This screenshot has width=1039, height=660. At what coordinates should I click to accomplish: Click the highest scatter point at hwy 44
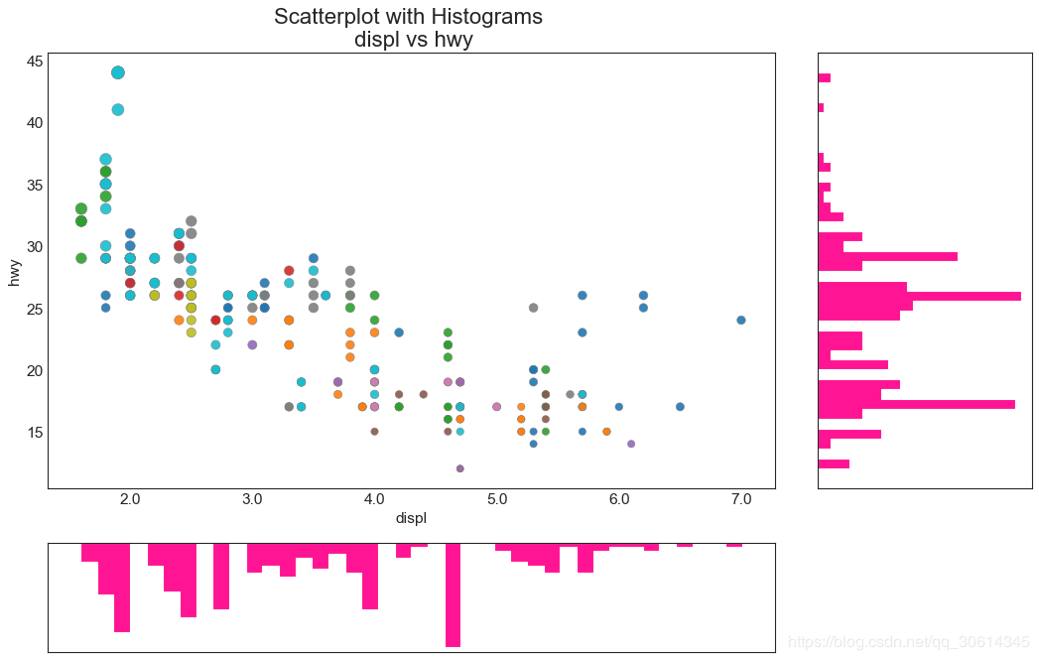(118, 72)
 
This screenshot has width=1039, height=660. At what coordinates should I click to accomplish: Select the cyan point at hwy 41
(118, 109)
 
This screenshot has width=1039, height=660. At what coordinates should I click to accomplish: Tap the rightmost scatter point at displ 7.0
(741, 320)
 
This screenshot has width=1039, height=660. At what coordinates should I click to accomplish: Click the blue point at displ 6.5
(680, 406)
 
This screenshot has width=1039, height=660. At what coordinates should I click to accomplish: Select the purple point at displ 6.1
(631, 444)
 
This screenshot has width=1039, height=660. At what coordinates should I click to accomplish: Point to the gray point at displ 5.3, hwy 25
(533, 308)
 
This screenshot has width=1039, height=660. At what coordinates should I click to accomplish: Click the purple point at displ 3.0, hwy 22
(252, 344)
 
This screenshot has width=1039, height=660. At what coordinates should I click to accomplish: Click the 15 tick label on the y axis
(34, 432)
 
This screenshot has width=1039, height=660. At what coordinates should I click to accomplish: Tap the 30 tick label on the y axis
(34, 246)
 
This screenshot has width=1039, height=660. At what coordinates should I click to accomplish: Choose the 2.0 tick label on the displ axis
(130, 498)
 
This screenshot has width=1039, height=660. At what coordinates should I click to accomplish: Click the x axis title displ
(411, 518)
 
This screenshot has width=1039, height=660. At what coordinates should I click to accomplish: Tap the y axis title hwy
(14, 271)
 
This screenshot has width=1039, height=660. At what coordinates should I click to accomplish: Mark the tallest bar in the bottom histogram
(453, 594)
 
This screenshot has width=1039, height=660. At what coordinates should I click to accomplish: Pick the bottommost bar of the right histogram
(834, 463)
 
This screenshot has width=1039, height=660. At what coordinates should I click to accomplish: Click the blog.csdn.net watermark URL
(908, 642)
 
